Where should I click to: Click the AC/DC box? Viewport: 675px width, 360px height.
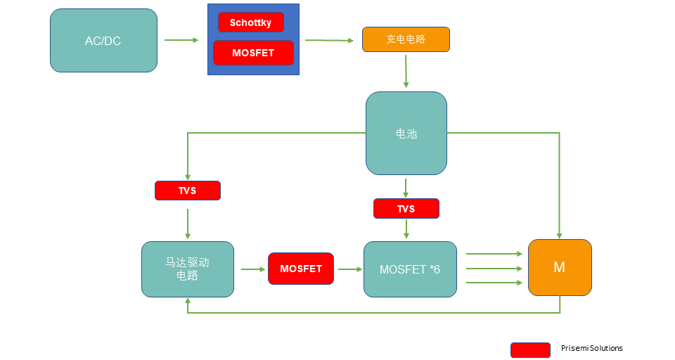coord(103,41)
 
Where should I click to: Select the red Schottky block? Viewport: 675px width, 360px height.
coord(251,22)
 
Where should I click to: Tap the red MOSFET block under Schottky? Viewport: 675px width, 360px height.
coord(253,53)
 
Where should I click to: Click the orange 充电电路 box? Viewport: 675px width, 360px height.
coord(406,39)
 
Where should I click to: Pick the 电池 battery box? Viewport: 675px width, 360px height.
coord(406,133)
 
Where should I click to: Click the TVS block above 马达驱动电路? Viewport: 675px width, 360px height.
coord(188,191)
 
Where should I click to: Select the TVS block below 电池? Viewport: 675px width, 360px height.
coord(406,209)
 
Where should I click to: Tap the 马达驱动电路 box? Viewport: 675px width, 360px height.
coord(188,269)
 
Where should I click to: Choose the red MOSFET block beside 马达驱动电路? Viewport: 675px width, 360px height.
coord(301,269)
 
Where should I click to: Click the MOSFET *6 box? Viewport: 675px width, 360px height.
coord(410,269)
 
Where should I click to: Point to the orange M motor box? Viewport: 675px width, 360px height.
coord(560,268)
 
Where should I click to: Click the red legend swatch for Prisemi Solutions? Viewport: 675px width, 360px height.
coord(530,349)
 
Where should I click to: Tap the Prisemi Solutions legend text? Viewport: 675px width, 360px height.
coord(591,349)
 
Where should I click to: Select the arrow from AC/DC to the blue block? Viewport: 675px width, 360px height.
coord(181,40)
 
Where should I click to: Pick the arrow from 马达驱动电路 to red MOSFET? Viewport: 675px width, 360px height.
coord(251,269)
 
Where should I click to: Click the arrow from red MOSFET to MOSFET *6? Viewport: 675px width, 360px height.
coord(349,269)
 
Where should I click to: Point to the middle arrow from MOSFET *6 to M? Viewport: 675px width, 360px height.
coord(495,269)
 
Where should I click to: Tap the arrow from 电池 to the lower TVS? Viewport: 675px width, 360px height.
coord(406,187)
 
